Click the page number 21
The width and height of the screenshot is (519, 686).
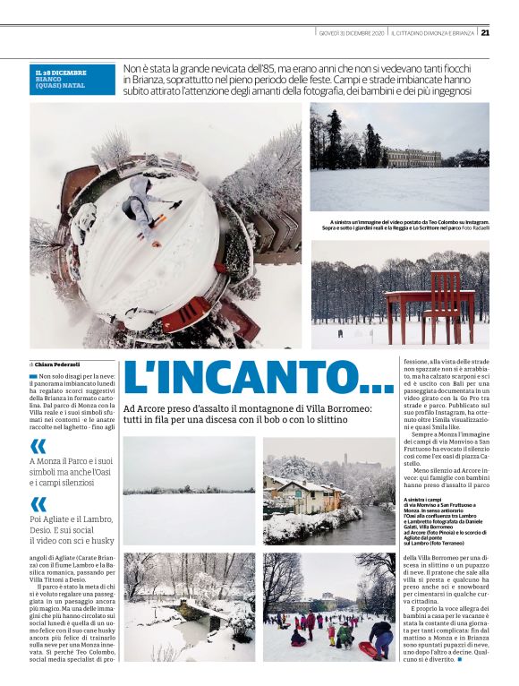coord(485,33)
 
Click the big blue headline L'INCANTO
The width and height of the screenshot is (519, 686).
coord(259,379)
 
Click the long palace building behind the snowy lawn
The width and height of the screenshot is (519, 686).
coord(413,158)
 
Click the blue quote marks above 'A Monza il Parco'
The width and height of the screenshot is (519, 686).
coord(38,446)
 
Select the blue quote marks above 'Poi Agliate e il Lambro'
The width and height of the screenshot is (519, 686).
coord(38,504)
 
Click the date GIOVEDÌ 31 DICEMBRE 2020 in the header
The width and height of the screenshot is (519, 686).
coord(352,33)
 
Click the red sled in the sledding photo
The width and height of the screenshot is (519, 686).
coord(366,647)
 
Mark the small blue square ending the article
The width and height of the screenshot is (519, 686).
coord(458,660)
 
